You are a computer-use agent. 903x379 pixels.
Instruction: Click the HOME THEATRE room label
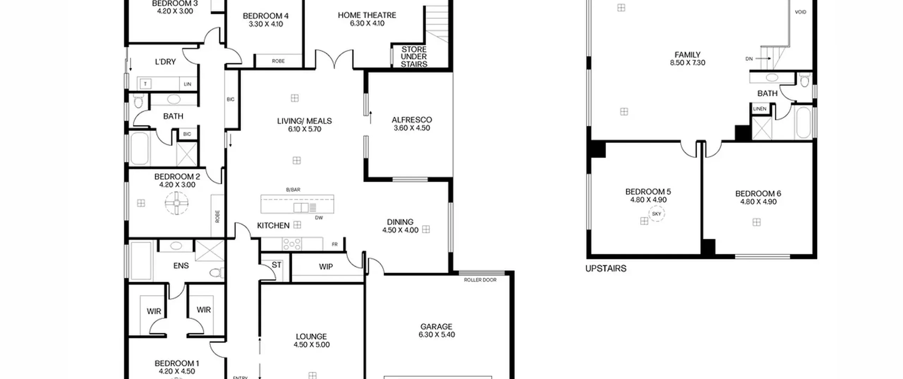point(367,15)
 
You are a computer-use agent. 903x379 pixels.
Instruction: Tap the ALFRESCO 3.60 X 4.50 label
point(412,124)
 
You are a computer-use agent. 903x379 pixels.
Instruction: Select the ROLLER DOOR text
point(480,280)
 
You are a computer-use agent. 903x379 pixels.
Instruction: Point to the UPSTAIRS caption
point(606,269)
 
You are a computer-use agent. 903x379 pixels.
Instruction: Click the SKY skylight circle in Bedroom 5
point(656,214)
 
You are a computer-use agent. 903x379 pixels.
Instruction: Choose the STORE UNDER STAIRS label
point(414,57)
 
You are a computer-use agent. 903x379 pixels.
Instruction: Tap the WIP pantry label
point(326,267)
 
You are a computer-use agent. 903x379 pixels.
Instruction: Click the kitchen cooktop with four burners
point(292,244)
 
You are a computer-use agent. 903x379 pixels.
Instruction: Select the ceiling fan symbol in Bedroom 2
point(177,203)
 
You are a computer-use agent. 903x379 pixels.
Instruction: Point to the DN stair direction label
point(749,59)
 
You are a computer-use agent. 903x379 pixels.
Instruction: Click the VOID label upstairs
point(800,12)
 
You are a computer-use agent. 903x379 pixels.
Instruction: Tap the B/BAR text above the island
point(293,190)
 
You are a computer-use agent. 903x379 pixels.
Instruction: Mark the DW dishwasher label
point(319,218)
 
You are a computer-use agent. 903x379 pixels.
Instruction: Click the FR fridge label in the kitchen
point(335,244)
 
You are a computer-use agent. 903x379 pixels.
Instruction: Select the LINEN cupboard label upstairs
point(760,109)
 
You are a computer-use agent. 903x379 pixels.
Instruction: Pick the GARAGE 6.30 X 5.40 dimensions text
point(437,335)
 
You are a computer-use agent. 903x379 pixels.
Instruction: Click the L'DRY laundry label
point(165,62)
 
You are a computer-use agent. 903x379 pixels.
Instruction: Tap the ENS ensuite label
point(181,266)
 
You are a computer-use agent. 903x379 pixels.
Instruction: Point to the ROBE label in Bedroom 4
point(278,61)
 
